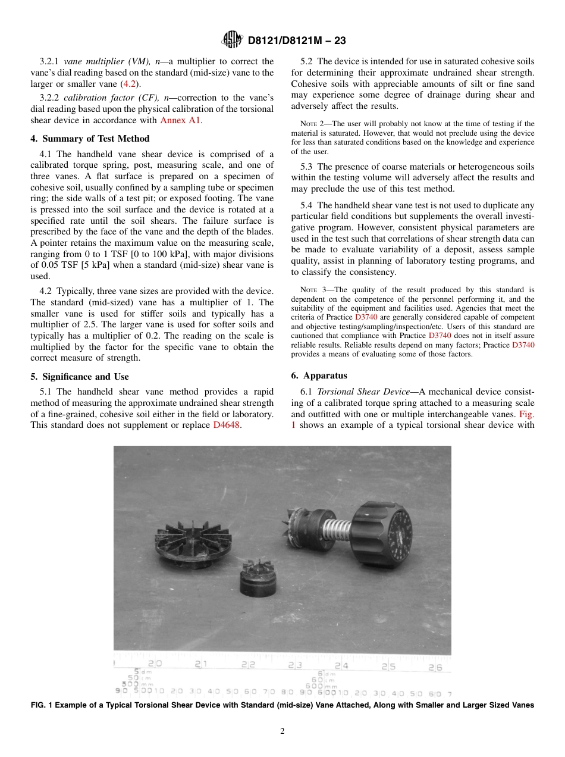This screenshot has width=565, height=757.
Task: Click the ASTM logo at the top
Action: click(x=232, y=40)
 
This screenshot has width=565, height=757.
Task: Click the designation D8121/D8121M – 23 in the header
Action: click(x=296, y=40)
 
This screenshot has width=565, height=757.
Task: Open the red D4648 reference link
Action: click(x=227, y=425)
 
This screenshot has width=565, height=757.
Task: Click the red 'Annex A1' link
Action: click(x=181, y=120)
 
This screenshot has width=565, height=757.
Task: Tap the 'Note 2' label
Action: click(x=313, y=124)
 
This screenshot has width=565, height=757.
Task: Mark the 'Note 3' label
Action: click(x=313, y=290)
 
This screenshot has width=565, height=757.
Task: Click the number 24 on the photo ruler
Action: click(x=341, y=666)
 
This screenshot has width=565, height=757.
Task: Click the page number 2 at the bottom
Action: click(x=282, y=731)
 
